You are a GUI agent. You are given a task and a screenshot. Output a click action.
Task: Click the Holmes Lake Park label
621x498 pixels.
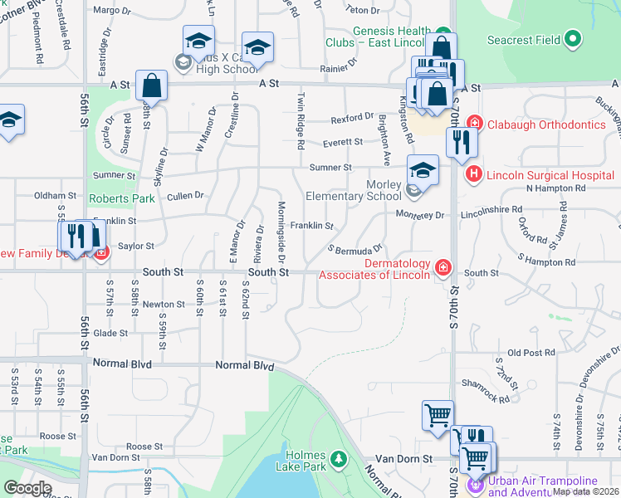[x=308, y=455]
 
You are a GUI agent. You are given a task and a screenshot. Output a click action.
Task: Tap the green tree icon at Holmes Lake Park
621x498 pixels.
[x=338, y=458]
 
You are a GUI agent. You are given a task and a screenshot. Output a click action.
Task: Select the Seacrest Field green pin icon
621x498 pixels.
[x=572, y=39]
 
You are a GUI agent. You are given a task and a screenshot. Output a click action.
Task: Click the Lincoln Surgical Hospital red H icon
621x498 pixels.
[x=473, y=174]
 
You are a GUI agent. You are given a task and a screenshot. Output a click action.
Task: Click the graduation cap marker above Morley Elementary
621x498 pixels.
[x=423, y=171]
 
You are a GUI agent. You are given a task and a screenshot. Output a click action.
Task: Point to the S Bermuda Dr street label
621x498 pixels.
[x=355, y=248]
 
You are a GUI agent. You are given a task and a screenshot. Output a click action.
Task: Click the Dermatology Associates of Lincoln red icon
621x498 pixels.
[x=443, y=266]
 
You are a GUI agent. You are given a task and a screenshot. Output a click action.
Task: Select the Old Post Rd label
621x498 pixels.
[x=524, y=353]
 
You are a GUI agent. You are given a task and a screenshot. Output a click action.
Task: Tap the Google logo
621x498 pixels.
[x=27, y=488]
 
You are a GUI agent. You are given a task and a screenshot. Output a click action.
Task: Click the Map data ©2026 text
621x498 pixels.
[x=586, y=491]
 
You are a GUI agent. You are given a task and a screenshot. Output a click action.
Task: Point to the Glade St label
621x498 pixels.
[x=110, y=333]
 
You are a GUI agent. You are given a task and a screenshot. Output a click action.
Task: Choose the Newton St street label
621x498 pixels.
[x=158, y=305]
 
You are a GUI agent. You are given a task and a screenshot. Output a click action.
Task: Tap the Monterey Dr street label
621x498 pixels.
[x=420, y=215]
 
